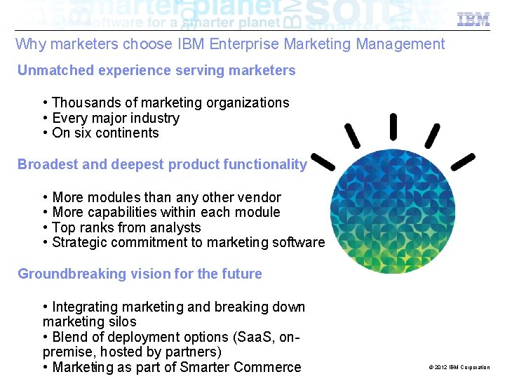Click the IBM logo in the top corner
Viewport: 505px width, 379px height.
pos(473,20)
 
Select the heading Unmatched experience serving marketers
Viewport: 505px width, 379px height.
pos(156,70)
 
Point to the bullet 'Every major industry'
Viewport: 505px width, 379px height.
pos(116,119)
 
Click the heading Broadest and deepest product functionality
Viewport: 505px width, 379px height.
pos(162,165)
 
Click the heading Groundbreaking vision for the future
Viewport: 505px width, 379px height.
pos(140,274)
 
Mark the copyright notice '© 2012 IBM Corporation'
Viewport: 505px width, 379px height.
pos(459,367)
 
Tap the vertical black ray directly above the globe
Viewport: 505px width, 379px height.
pos(393,126)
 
